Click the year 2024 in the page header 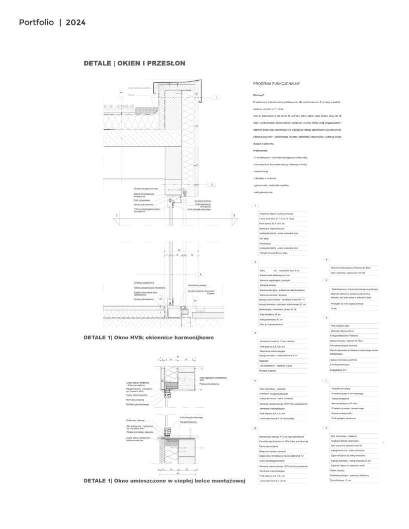coord(75,23)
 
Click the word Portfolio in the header coord(37,23)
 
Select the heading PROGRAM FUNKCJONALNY coord(276,84)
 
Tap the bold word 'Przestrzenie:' coord(261,150)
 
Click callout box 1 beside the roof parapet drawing coord(217,98)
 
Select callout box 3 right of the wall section coord(212,184)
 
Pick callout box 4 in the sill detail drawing coord(200,275)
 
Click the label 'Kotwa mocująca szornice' coord(146,188)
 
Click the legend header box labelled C coord(326,381)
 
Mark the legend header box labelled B coord(256,428)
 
